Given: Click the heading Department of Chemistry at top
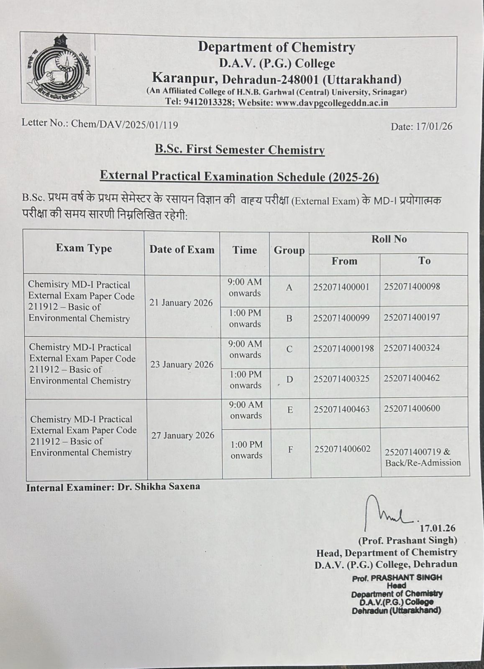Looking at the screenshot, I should pyautogui.click(x=277, y=47).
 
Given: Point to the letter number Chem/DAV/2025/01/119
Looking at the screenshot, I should pyautogui.click(x=125, y=124).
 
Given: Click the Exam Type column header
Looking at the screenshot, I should pyautogui.click(x=84, y=249).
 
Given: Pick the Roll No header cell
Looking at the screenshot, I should pyautogui.click(x=389, y=239).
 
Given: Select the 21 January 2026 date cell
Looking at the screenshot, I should pyautogui.click(x=181, y=303).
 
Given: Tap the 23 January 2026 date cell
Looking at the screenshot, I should pyautogui.click(x=182, y=364).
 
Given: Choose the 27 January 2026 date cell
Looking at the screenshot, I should pyautogui.click(x=183, y=436).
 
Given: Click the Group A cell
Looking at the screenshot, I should pyautogui.click(x=289, y=288).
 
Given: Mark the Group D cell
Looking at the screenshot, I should pyautogui.click(x=289, y=379).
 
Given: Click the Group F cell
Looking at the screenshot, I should pyautogui.click(x=290, y=450).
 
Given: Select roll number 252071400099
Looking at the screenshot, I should pyautogui.click(x=341, y=318).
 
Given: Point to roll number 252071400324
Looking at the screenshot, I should pyautogui.click(x=412, y=348).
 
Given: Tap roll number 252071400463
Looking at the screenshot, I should pyautogui.click(x=342, y=409).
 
